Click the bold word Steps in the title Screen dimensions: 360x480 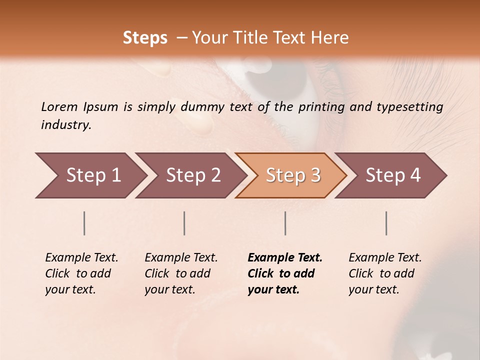[x=145, y=38]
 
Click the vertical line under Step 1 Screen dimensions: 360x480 [x=84, y=223]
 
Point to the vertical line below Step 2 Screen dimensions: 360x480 [x=184, y=223]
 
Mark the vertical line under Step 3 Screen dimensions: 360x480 [x=285, y=223]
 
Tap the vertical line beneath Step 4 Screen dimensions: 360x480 [x=386, y=223]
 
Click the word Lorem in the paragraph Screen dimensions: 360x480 [x=59, y=107]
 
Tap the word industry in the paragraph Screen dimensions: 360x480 [x=66, y=125]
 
